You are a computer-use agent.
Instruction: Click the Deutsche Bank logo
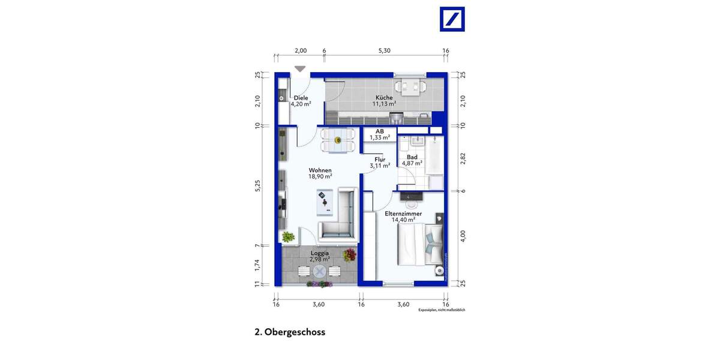pos(453,19)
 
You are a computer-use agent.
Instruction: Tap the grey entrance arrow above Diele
pos(300,69)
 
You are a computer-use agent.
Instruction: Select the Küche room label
pos(384,101)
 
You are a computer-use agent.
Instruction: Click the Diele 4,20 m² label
pos(300,101)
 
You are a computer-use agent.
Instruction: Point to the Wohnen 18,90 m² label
pos(320,173)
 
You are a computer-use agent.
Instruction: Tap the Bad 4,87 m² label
pos(412,160)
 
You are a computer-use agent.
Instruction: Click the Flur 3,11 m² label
pos(380,162)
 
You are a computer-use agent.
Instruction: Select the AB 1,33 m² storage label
pos(380,134)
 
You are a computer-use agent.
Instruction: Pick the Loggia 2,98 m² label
pos(319,256)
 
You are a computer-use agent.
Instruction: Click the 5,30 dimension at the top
pos(384,51)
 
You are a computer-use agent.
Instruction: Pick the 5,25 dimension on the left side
pos(257,185)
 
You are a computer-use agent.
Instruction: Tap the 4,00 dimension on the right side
pos(462,235)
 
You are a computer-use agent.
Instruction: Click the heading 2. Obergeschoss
pos(290,332)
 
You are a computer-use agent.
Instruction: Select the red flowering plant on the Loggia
pos(349,256)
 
